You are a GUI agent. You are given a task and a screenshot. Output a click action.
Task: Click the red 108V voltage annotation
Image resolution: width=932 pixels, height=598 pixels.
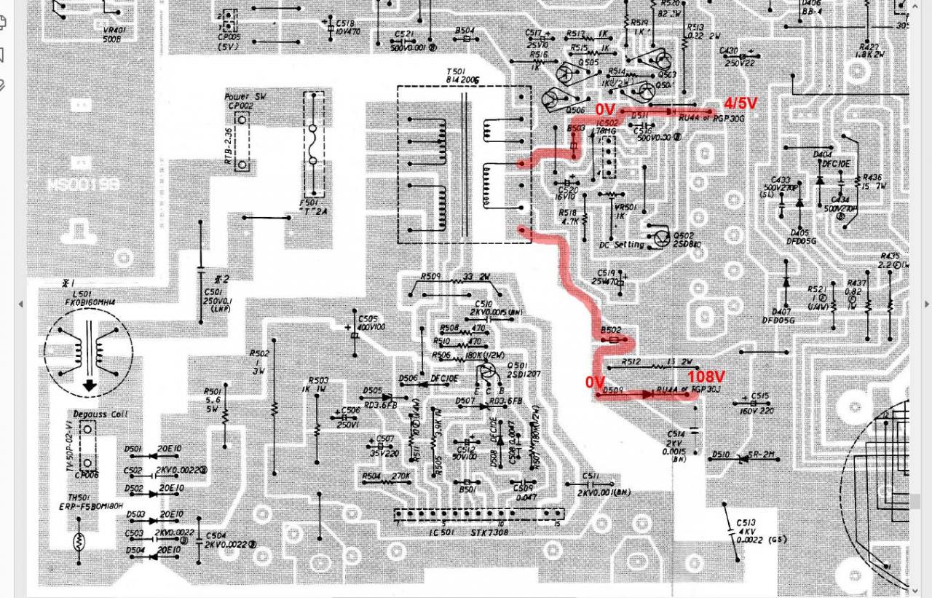[x=706, y=377]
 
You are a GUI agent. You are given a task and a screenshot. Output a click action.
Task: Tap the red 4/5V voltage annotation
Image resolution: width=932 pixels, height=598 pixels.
[x=740, y=103]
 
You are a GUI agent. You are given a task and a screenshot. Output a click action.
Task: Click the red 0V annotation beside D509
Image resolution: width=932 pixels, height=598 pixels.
[x=595, y=382]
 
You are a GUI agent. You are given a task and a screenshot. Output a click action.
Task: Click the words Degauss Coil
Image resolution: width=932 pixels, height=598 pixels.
[x=99, y=414]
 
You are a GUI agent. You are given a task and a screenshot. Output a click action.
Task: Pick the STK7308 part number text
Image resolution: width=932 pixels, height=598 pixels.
[x=489, y=532]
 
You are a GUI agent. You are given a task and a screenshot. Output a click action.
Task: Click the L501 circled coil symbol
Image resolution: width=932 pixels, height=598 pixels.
[x=89, y=351]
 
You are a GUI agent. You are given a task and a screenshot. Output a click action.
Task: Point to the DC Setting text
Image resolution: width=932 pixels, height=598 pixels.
[x=621, y=245]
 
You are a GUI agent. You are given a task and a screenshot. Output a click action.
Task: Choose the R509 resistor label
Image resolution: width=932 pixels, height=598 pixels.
[x=430, y=277]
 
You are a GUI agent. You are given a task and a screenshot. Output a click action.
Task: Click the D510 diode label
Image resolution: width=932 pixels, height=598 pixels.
[x=721, y=455]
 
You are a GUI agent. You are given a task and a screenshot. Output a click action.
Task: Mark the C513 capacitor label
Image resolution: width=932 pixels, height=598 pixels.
[x=746, y=523]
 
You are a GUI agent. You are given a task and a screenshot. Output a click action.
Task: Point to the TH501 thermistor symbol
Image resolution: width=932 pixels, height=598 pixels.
[x=79, y=541]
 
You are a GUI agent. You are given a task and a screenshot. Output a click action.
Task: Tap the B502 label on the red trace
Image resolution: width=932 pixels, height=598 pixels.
[x=611, y=331]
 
